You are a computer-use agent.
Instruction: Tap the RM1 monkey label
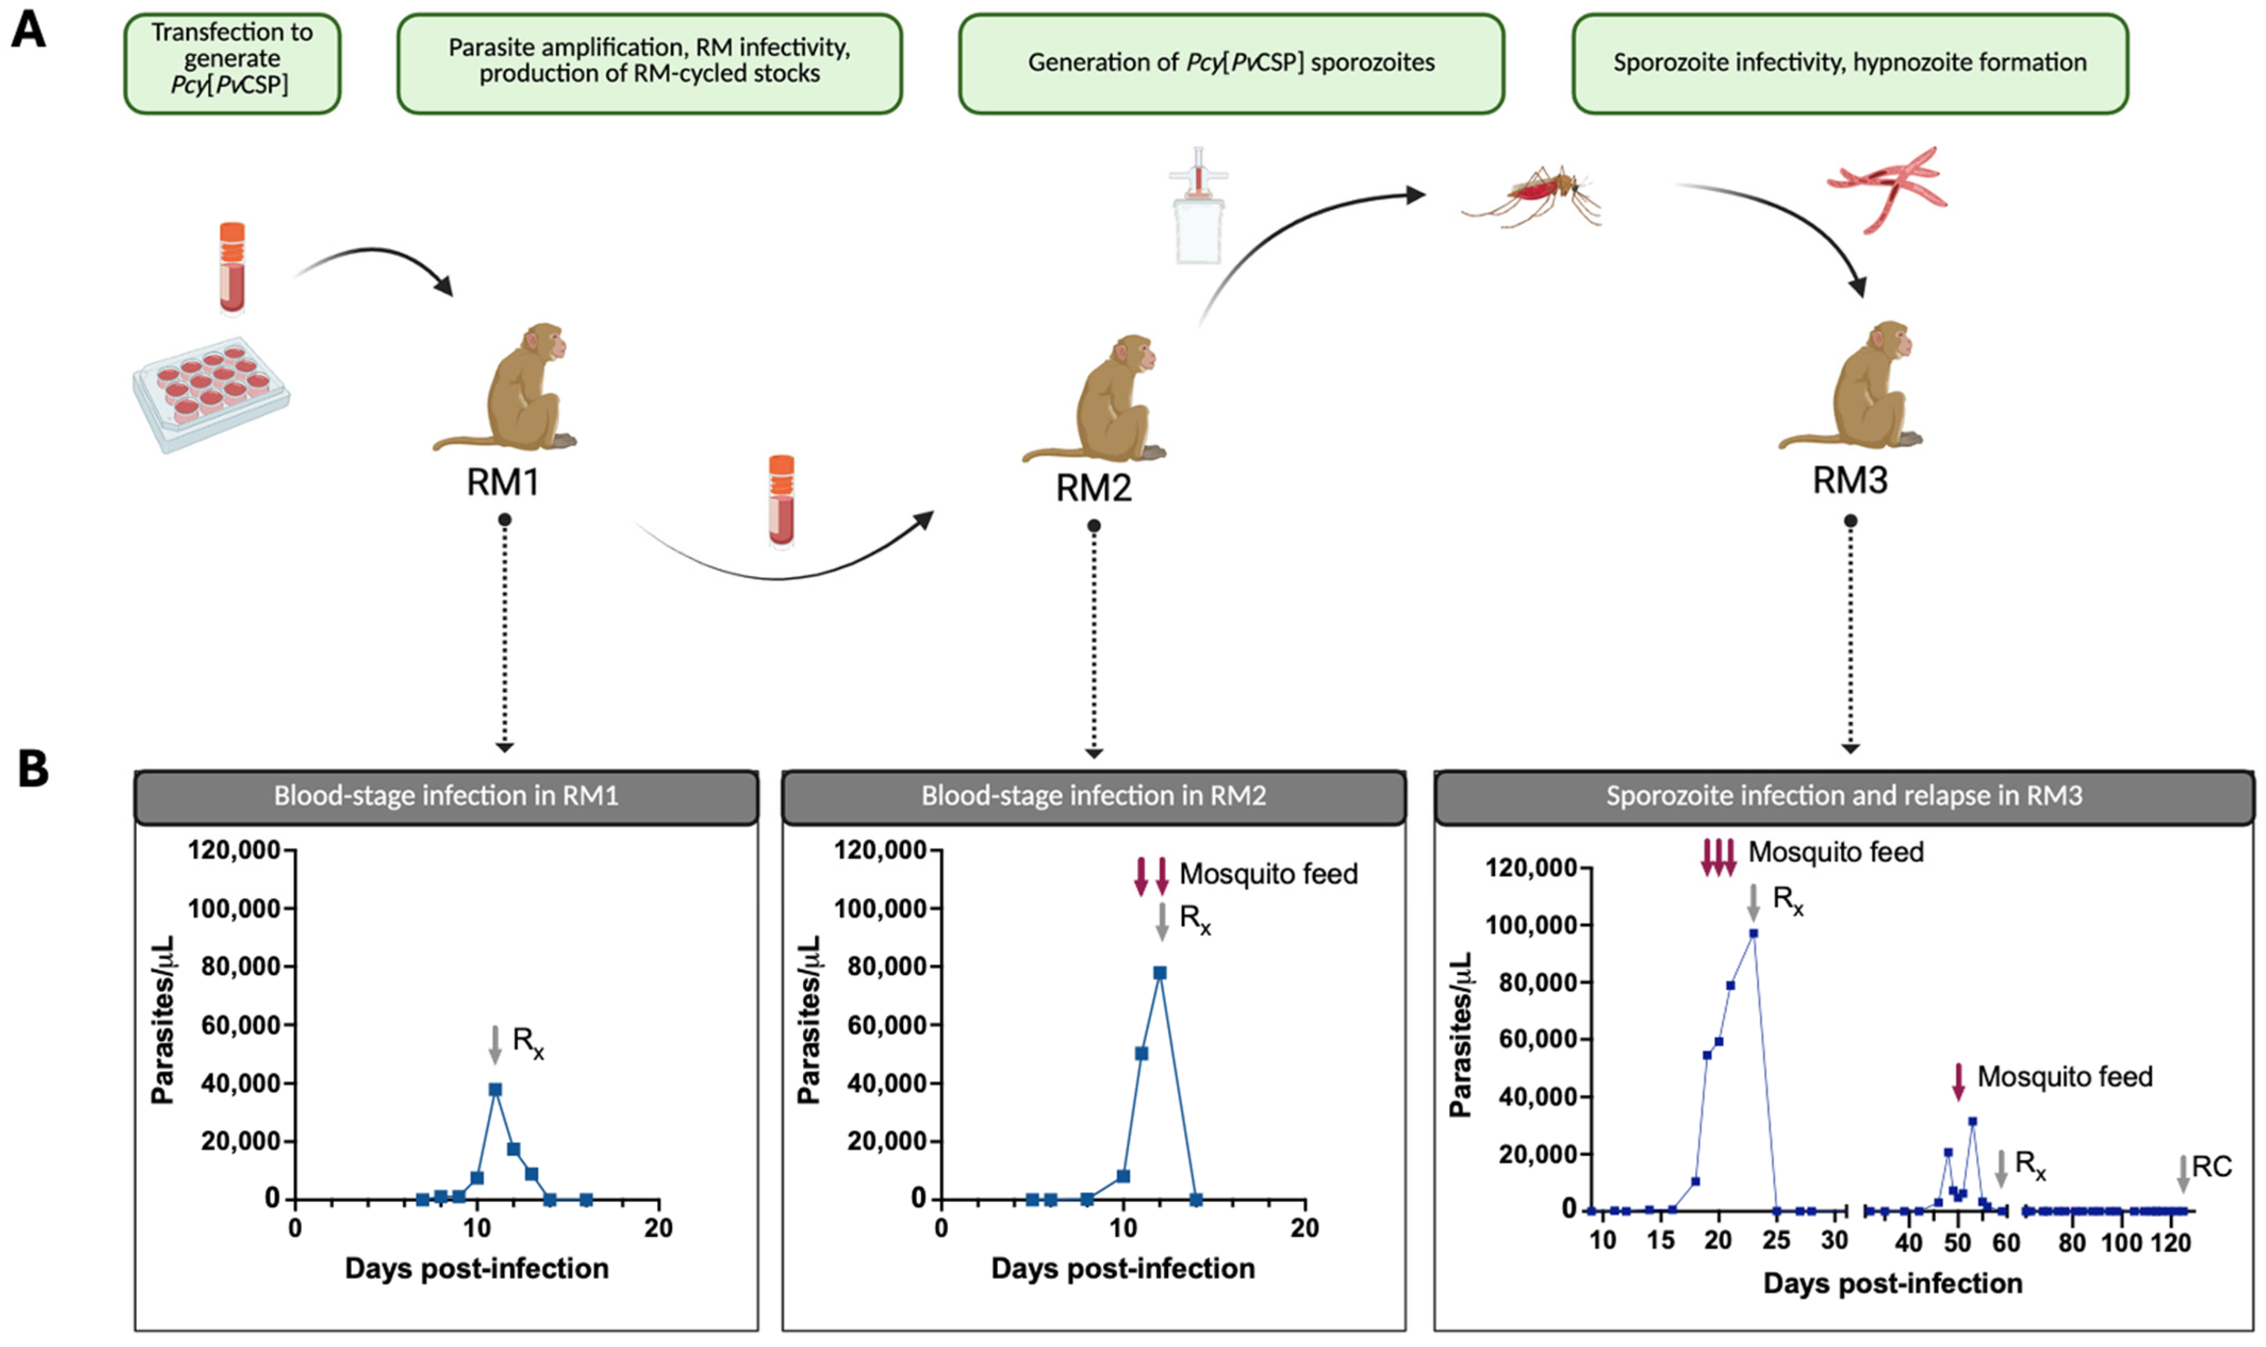tap(503, 482)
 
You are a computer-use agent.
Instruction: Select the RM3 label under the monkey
tap(1849, 480)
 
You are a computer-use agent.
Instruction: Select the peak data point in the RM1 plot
tap(494, 1089)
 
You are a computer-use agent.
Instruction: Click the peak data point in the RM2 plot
tap(1160, 973)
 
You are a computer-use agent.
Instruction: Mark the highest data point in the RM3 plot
tap(1754, 933)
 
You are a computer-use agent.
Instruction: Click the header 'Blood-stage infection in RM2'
tap(1094, 796)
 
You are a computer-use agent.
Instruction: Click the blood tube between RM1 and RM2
tap(781, 500)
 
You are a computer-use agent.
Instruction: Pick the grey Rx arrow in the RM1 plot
tap(494, 1044)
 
